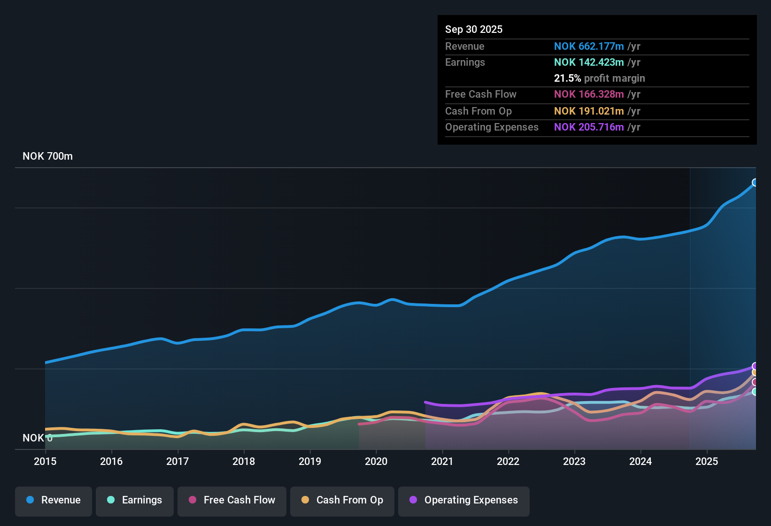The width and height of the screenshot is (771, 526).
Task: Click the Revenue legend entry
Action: pos(54,500)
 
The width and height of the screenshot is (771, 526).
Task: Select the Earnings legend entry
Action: pos(135,500)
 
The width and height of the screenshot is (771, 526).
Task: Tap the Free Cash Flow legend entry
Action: pos(232,500)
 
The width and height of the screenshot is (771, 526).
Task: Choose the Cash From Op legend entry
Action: pos(342,500)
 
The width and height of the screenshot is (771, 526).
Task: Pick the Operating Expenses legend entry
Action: pos(464,500)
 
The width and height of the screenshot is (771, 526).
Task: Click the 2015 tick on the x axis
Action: pos(45,461)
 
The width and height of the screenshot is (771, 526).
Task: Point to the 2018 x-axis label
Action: pos(244,461)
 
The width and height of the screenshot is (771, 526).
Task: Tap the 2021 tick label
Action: pos(442,461)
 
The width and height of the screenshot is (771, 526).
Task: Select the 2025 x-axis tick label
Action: pos(707,461)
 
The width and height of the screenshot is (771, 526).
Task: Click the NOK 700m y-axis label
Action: pos(48,156)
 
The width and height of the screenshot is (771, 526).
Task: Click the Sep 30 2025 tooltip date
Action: pos(474,29)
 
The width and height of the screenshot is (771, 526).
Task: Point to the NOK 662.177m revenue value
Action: pos(589,46)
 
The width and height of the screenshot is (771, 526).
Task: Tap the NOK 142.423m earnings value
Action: pos(589,62)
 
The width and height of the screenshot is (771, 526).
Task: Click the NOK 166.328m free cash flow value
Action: pos(589,94)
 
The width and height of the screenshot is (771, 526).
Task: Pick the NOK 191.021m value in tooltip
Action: pos(589,111)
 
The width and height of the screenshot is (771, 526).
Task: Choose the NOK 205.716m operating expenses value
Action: pos(589,127)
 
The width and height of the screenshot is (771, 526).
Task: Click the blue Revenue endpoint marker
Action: pos(755,183)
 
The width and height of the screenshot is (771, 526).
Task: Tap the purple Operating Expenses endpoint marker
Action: pos(755,366)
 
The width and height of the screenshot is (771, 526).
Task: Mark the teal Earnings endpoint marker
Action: pos(755,392)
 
